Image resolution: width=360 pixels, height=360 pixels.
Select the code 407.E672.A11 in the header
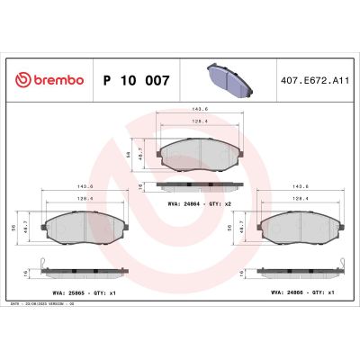[314, 80]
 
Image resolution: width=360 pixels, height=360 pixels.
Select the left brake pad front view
[83, 230]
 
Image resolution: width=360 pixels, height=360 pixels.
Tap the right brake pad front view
[297, 230]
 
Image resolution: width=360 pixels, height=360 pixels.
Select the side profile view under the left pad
[83, 271]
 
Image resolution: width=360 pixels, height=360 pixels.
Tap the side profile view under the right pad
[297, 271]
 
